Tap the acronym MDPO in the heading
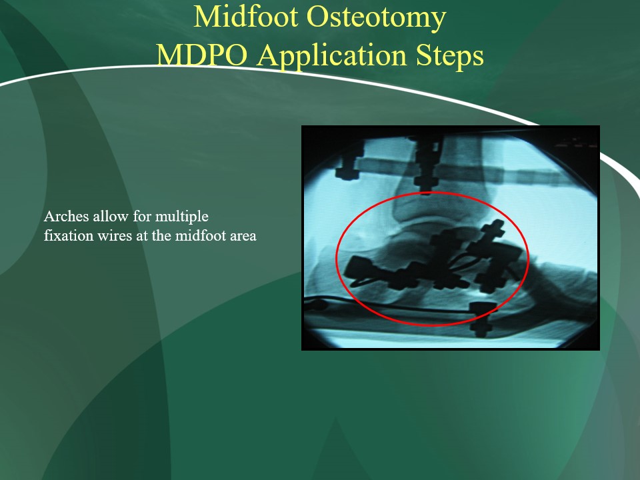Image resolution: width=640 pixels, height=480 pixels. tap(201, 55)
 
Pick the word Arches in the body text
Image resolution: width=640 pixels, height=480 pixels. tap(66, 216)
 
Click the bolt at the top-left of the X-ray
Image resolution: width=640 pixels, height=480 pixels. tap(349, 163)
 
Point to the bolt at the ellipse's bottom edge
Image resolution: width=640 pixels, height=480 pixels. tap(483, 319)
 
